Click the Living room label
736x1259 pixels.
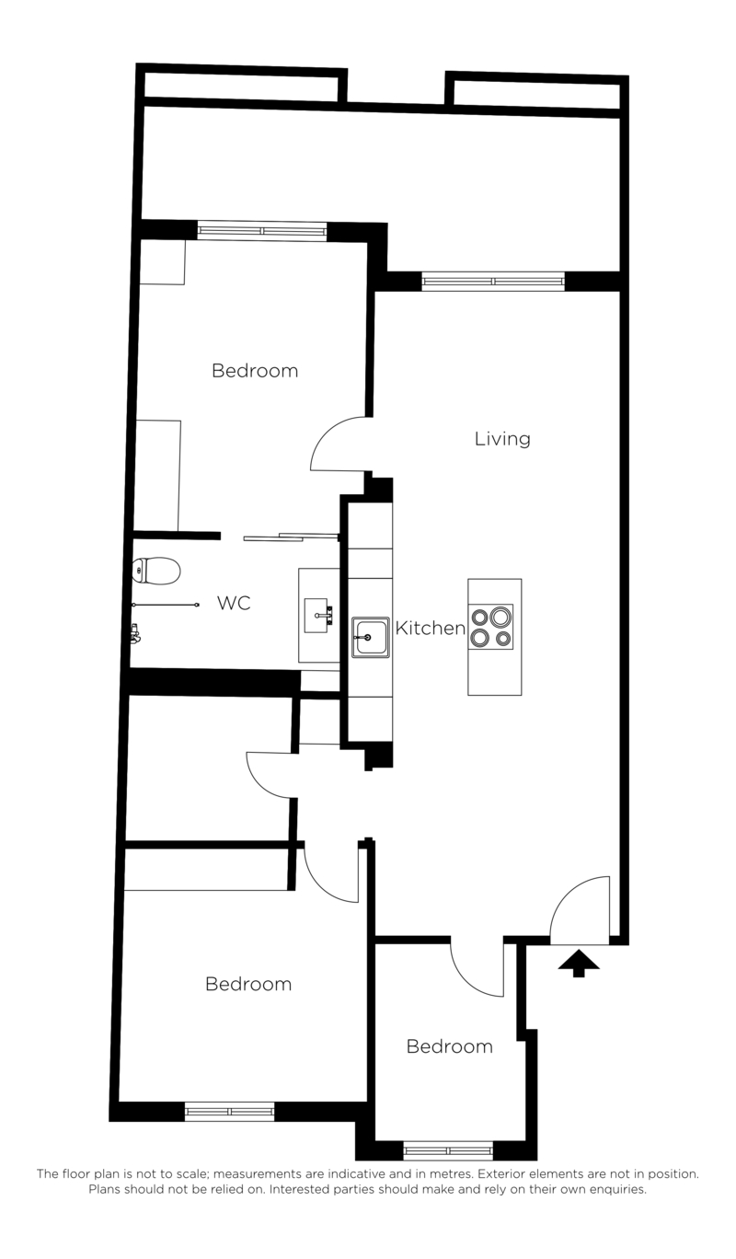click(x=502, y=439)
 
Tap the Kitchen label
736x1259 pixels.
click(x=431, y=628)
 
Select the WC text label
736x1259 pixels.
click(x=234, y=603)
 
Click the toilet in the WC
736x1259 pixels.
click(x=156, y=571)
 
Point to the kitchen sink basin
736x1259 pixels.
click(x=371, y=638)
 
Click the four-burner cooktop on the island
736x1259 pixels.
click(x=491, y=628)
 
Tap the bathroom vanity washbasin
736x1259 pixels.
click(x=317, y=616)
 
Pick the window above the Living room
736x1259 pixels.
click(x=493, y=281)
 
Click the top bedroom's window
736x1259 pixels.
click(x=262, y=231)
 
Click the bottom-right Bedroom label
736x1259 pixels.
click(x=450, y=1046)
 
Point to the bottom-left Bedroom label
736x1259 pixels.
click(x=248, y=984)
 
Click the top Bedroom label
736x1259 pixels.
click(x=255, y=371)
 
